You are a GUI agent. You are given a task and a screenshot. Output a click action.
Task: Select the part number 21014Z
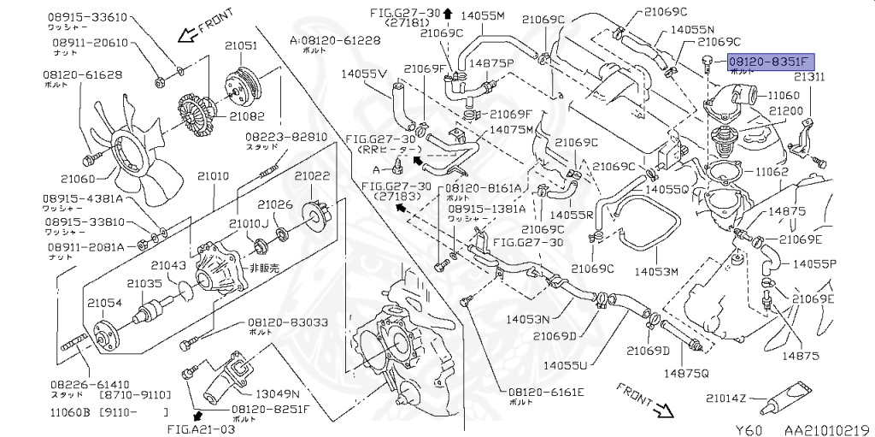(725, 398)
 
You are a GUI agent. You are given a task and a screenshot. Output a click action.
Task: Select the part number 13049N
(278, 394)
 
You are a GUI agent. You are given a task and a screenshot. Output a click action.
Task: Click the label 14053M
(655, 272)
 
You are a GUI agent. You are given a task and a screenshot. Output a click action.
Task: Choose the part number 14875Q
(687, 372)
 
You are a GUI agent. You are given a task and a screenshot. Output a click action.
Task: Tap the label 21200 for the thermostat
(784, 111)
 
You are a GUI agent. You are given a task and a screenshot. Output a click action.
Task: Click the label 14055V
(365, 74)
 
